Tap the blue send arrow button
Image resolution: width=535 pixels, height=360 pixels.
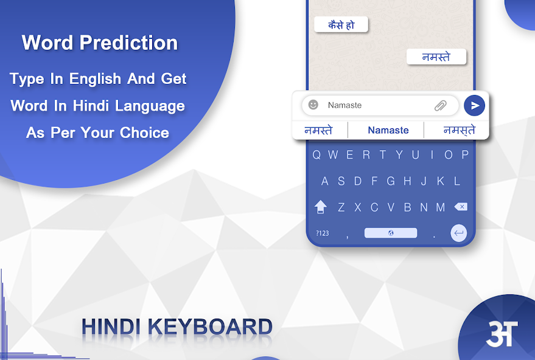click(474, 106)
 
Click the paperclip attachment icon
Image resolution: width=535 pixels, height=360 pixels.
click(441, 105)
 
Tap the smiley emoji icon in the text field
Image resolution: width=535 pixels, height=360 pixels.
click(313, 105)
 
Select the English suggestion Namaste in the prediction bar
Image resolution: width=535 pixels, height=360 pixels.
click(388, 130)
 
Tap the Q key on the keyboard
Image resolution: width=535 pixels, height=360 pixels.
click(316, 155)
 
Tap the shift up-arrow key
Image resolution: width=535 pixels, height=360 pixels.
click(320, 207)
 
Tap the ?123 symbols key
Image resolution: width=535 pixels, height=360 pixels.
click(323, 233)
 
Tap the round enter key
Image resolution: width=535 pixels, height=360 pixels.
click(458, 233)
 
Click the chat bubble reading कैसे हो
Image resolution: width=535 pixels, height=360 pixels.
click(341, 24)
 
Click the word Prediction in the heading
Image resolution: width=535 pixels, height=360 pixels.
click(128, 43)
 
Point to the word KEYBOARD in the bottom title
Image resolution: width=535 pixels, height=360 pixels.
click(211, 327)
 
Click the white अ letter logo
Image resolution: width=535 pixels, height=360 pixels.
click(502, 333)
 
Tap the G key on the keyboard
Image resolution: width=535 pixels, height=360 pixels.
click(391, 181)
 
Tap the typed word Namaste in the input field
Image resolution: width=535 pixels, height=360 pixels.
click(344, 105)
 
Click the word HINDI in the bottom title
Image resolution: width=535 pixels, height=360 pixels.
click(111, 327)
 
